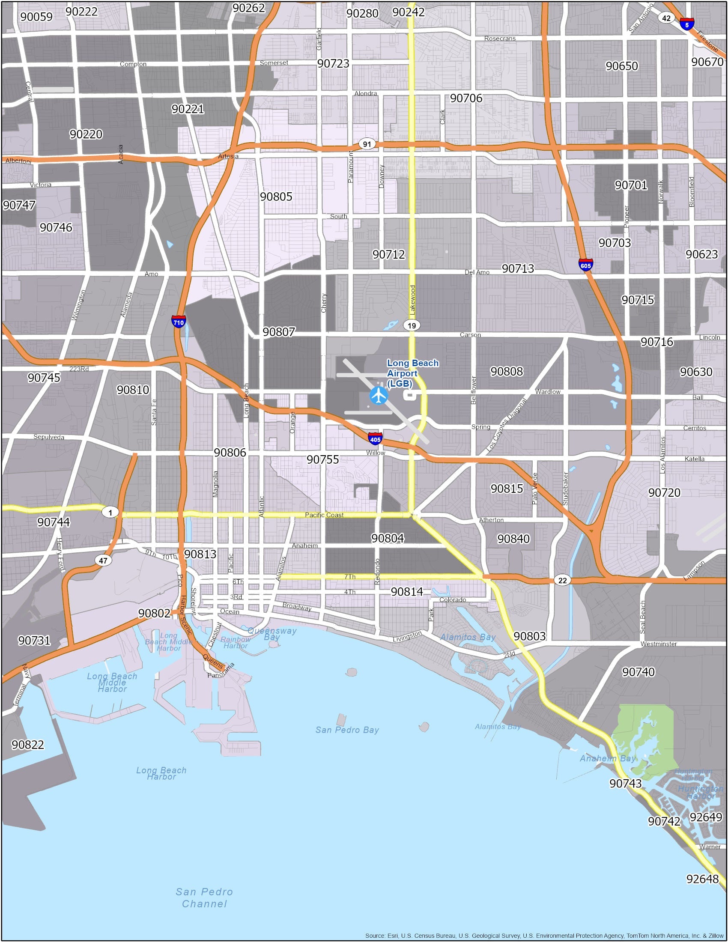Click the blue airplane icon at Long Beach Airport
[379, 396]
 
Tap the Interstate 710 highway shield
[178, 322]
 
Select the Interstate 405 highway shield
[375, 439]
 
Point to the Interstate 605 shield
[586, 265]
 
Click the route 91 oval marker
[367, 144]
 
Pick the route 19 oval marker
[412, 325]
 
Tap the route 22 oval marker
[562, 580]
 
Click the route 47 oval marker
[103, 561]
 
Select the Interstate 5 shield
[686, 24]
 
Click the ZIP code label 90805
[276, 197]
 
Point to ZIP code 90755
[322, 459]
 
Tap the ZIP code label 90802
[155, 613]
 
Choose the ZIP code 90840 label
[513, 539]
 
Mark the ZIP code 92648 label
[703, 879]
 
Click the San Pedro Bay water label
[347, 730]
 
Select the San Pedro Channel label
[204, 897]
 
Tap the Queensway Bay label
[272, 634]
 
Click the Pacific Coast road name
[324, 515]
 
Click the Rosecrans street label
[499, 39]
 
